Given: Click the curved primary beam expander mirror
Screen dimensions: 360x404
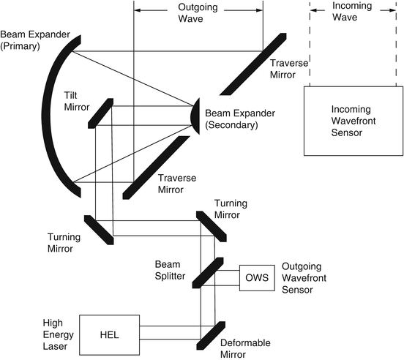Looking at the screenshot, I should [59, 117].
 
